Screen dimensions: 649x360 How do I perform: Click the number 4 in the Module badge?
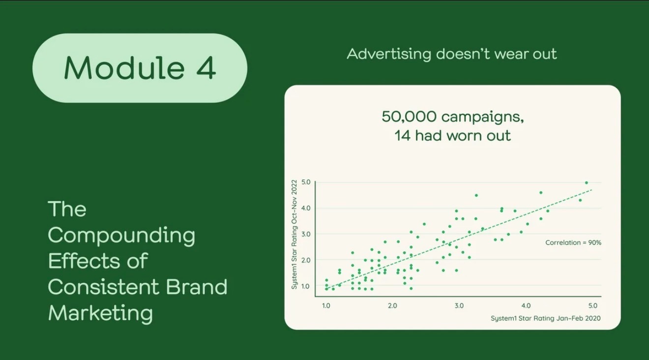click(206, 68)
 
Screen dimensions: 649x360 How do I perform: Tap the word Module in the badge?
click(124, 67)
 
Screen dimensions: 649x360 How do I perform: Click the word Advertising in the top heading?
click(389, 54)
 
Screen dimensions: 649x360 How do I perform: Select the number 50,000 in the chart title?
click(409, 117)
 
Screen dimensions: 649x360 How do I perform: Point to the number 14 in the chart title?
click(403, 136)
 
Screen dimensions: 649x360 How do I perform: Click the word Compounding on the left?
click(121, 236)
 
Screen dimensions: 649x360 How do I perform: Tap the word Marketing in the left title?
click(100, 314)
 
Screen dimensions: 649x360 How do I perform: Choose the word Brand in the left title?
click(197, 287)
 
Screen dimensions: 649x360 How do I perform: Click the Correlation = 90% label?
click(573, 242)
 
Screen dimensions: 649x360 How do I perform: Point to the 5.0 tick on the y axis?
click(306, 182)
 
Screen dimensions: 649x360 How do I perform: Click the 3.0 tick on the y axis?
click(306, 234)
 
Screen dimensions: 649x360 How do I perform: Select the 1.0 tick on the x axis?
click(326, 305)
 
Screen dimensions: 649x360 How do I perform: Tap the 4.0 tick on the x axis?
click(526, 305)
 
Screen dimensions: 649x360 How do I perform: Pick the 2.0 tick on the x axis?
click(392, 305)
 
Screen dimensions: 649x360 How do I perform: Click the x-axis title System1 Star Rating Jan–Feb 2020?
click(546, 318)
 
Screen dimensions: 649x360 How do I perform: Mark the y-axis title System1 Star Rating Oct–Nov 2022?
click(295, 234)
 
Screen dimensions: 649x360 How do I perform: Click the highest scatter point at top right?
click(587, 182)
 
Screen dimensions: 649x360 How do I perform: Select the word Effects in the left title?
click(84, 261)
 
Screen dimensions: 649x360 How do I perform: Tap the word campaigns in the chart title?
click(483, 118)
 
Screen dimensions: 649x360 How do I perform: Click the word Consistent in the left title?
click(103, 287)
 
